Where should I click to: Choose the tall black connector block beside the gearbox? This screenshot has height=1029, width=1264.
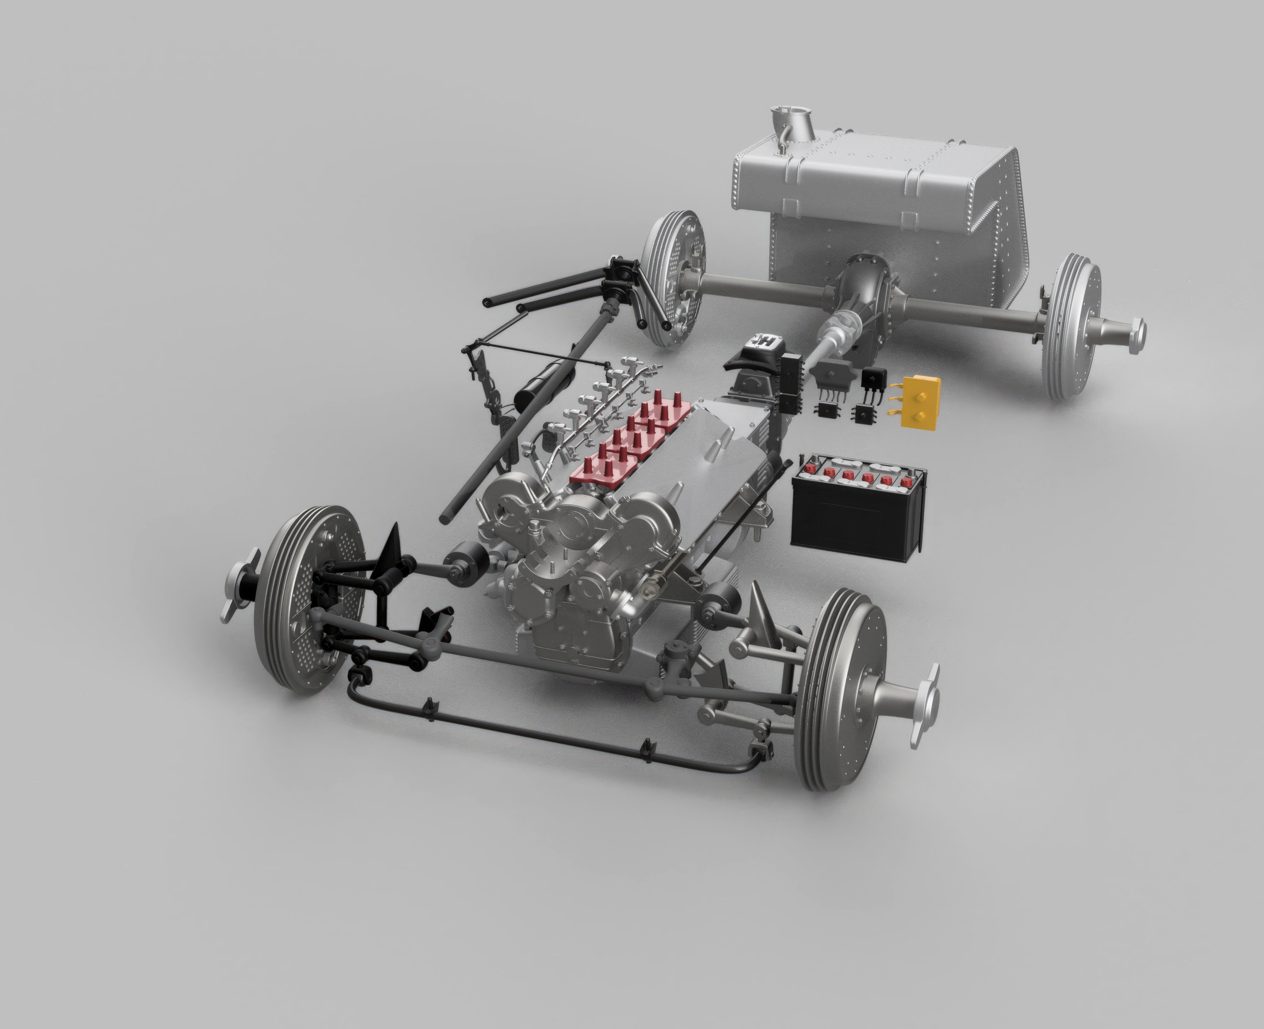tap(792, 379)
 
